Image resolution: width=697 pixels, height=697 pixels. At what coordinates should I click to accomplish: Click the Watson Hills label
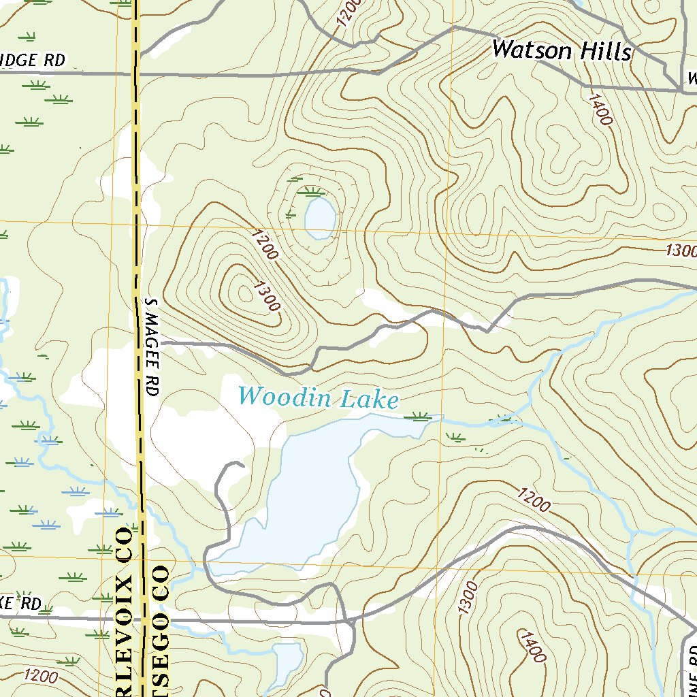coord(562,51)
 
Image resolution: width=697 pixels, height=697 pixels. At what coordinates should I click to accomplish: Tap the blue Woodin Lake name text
coord(318,397)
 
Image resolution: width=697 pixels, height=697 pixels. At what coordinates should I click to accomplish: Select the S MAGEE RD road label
coord(151,347)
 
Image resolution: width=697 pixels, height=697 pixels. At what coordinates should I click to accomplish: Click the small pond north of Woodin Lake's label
coord(319,217)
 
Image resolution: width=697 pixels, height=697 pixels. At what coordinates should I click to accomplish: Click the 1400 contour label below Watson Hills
coord(601,109)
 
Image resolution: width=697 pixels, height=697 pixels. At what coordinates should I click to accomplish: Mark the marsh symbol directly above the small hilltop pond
coord(312,191)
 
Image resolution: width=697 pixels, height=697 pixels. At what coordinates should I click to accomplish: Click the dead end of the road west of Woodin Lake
coord(242,465)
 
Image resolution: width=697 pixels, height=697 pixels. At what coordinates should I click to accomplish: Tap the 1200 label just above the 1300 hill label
coord(265,245)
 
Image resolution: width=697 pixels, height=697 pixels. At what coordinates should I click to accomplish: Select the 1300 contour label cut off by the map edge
coord(681,250)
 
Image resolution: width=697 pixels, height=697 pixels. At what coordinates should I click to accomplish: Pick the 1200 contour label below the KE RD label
coord(39,676)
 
